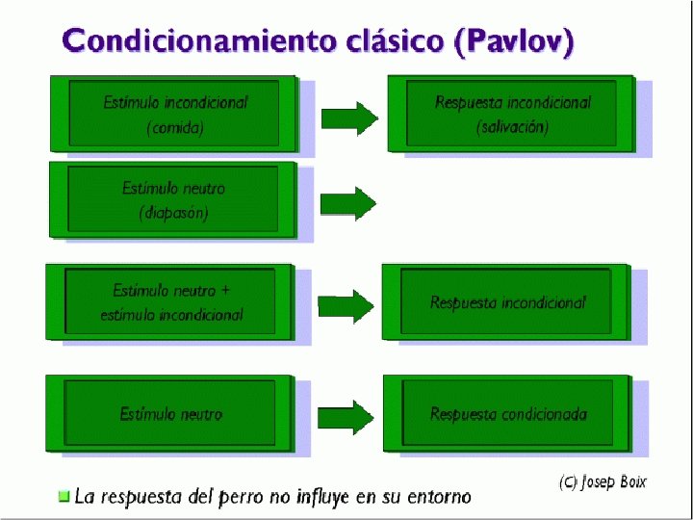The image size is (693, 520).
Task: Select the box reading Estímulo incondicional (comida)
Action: tap(174, 114)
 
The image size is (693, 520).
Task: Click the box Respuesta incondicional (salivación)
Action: tap(511, 114)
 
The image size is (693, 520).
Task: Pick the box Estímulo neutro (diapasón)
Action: tap(173, 200)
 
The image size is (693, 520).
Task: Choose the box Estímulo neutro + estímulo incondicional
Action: tap(170, 301)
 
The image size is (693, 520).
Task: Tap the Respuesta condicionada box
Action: tap(507, 413)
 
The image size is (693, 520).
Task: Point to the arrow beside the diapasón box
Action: tap(347, 203)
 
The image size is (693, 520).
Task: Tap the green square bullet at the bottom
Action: tap(64, 497)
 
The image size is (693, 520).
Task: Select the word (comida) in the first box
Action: tap(174, 127)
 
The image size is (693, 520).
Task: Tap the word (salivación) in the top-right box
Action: tap(512, 127)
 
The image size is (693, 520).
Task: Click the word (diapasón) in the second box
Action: tap(173, 213)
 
